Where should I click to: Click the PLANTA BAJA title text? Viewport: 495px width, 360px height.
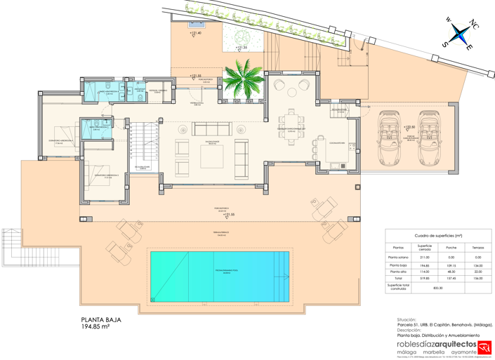[x=102, y=319]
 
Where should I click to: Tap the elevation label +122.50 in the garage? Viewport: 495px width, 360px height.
[x=409, y=127]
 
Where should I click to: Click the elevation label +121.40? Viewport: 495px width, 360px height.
[x=195, y=33]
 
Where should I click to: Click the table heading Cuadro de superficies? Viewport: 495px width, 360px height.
[x=438, y=236]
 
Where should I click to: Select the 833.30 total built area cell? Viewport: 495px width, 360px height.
[x=438, y=288]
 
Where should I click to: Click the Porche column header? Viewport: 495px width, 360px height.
[x=451, y=247]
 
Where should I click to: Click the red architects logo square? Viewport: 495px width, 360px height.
[x=484, y=347]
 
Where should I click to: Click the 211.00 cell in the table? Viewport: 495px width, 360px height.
[x=424, y=258]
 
